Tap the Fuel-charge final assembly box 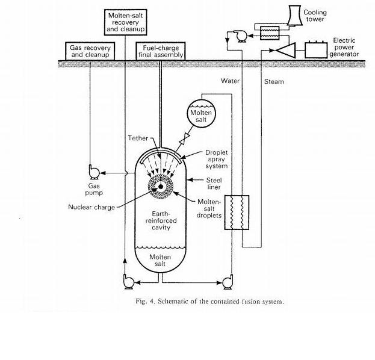(160, 51)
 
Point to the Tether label (138, 138)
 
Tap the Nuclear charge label (91, 207)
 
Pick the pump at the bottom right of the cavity (227, 281)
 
